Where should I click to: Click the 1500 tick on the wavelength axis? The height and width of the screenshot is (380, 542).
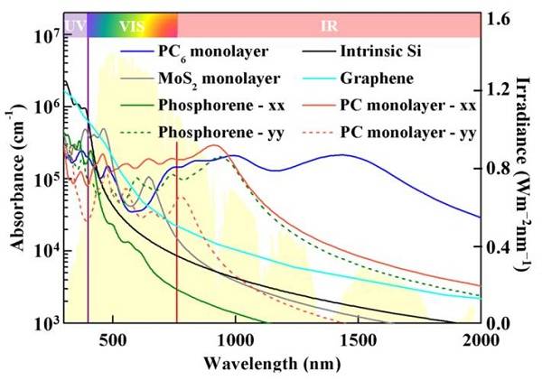[358, 341]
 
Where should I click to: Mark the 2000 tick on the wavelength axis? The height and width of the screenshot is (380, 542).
[480, 341]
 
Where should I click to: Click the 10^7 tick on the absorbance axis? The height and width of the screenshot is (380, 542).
[44, 37]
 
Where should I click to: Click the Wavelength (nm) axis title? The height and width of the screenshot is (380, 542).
[271, 364]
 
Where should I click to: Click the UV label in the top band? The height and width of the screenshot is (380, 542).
[75, 24]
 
